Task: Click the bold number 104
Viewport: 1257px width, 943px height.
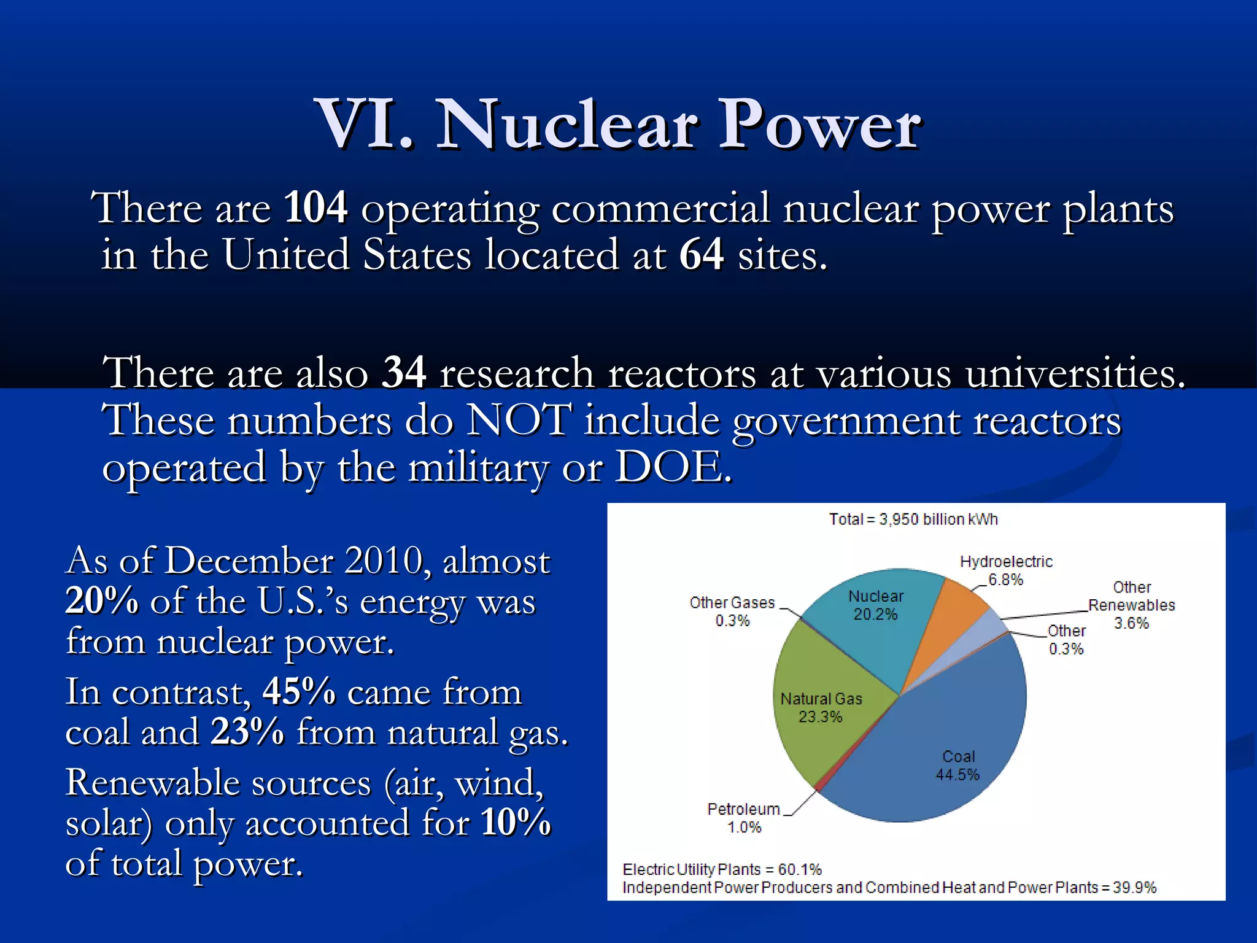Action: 315,208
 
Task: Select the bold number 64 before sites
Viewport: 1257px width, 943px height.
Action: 701,254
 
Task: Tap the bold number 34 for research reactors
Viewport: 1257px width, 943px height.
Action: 403,372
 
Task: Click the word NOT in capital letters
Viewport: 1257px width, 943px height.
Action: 519,421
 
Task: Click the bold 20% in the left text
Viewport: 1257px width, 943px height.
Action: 102,600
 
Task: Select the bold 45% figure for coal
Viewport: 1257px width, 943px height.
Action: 299,692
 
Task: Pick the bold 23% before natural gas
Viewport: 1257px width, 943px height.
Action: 247,732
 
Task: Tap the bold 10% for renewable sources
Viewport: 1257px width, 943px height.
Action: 516,823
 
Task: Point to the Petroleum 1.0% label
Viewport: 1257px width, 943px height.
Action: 743,818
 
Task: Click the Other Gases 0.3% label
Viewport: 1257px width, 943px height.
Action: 732,611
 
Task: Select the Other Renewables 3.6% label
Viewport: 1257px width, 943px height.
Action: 1131,605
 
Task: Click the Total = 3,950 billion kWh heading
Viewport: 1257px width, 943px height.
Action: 913,519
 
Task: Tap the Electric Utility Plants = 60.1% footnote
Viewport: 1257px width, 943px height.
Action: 722,869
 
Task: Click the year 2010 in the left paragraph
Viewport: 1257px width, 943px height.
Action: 384,561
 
